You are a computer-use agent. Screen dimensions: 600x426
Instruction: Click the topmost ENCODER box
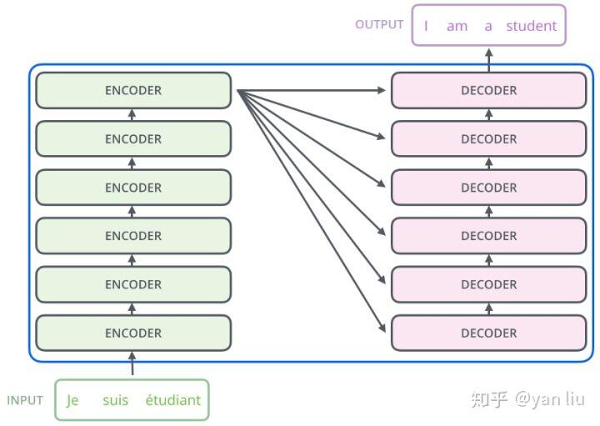(x=133, y=90)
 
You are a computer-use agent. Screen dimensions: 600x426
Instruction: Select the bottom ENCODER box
(x=133, y=333)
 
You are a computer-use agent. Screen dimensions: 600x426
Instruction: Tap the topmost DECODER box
(x=489, y=90)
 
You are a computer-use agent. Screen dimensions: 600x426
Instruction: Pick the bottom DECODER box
(x=489, y=333)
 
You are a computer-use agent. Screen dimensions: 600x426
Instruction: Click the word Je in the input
(x=72, y=400)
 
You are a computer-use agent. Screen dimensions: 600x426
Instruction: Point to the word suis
(x=115, y=400)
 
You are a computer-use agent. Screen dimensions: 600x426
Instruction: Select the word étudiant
(x=173, y=400)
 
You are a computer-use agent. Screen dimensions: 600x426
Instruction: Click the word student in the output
(x=532, y=26)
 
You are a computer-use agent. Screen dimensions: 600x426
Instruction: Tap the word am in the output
(x=457, y=27)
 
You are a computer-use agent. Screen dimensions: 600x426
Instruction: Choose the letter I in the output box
(x=426, y=26)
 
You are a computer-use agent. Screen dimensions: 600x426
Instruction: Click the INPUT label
(x=25, y=400)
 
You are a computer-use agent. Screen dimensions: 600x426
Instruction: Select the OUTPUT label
(x=379, y=24)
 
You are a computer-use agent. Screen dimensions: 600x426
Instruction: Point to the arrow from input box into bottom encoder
(x=132, y=363)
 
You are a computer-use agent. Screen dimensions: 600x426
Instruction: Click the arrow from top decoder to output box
(x=489, y=60)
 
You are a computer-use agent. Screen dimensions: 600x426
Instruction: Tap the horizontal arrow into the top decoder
(x=312, y=90)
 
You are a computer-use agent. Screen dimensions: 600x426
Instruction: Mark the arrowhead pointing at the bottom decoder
(x=382, y=328)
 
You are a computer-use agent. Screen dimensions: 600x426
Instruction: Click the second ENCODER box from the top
(x=133, y=138)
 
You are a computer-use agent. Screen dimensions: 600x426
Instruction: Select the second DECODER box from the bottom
(x=489, y=284)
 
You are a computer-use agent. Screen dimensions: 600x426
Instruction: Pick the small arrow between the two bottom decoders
(x=489, y=309)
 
